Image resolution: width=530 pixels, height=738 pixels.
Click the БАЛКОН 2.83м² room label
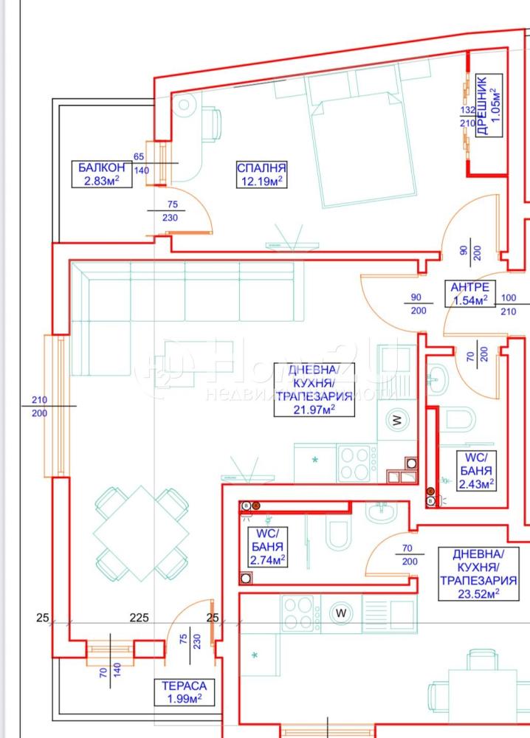point(102,173)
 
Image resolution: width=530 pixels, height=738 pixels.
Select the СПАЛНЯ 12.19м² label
point(262,174)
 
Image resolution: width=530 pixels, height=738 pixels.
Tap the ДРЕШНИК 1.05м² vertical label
point(489,106)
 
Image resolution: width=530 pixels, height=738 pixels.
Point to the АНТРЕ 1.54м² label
point(469,293)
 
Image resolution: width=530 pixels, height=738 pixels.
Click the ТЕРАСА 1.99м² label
point(185,692)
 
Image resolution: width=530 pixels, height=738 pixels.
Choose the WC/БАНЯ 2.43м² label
point(476,471)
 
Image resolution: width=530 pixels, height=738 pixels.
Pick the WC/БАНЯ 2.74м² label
point(267,546)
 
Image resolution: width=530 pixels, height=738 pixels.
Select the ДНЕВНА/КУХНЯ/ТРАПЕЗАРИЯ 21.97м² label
point(314,389)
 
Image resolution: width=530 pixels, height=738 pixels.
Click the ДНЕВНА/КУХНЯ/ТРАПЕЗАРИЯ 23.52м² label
point(478,573)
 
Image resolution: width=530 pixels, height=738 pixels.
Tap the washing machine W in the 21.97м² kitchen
point(398,421)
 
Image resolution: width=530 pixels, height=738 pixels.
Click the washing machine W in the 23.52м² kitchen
point(341,613)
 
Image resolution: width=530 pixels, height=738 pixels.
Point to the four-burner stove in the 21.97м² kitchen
point(357,463)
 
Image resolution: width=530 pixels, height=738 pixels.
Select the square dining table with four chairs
point(142,534)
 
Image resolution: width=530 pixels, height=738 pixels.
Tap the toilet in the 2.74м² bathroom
point(338,534)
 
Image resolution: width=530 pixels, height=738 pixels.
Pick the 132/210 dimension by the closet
point(467,117)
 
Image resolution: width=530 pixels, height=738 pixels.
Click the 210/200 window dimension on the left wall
point(40,406)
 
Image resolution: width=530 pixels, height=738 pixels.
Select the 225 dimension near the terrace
point(140,618)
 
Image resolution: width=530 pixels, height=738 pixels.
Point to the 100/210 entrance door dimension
point(509,305)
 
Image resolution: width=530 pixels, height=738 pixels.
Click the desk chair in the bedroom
point(212,124)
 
